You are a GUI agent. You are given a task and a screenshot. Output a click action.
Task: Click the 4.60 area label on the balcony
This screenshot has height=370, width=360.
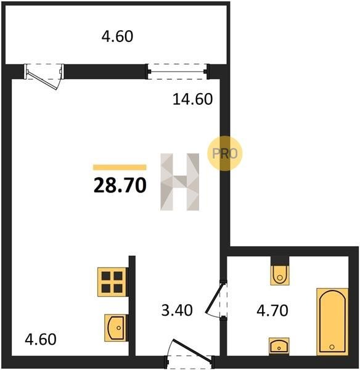pos(117,36)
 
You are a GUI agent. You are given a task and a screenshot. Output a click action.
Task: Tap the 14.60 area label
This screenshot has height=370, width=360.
pos(193,99)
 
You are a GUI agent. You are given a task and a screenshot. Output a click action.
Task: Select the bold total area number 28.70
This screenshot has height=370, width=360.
pos(120,185)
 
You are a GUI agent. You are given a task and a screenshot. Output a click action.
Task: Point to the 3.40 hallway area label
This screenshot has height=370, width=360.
pos(177,310)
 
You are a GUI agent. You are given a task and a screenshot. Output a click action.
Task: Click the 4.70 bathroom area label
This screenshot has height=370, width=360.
pos(272,310)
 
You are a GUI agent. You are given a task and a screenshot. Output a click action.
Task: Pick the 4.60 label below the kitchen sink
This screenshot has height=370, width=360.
pos(41,339)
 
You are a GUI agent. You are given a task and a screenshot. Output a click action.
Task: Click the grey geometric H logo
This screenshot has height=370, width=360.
pos(180,182)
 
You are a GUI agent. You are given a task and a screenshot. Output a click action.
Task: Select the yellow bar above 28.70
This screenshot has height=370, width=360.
pos(120,167)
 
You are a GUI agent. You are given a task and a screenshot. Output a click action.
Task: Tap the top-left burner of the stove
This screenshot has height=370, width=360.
pos(106,276)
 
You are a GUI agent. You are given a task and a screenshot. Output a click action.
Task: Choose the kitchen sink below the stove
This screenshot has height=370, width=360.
pos(116,328)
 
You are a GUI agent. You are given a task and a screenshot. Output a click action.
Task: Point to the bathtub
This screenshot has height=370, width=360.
pos(332,321)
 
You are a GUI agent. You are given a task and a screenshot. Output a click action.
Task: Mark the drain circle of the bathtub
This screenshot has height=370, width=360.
pos(332,347)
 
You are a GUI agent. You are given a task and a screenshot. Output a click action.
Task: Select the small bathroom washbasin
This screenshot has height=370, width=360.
pos(279,346)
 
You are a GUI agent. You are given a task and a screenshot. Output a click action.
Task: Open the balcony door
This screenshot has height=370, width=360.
pos(44,76)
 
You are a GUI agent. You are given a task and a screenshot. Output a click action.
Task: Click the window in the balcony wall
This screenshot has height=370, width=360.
pos(178,72)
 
